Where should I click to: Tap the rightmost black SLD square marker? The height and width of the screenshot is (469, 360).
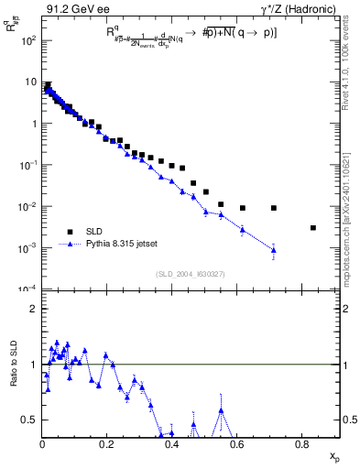click(x=313, y=228)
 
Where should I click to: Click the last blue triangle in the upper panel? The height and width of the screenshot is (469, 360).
click(x=274, y=249)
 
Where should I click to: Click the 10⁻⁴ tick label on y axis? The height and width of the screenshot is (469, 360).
click(x=28, y=289)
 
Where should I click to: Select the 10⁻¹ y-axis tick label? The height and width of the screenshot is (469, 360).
click(x=28, y=165)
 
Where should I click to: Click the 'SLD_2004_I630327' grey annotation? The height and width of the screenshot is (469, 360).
click(x=191, y=274)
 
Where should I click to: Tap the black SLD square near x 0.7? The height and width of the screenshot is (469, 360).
click(x=274, y=208)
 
